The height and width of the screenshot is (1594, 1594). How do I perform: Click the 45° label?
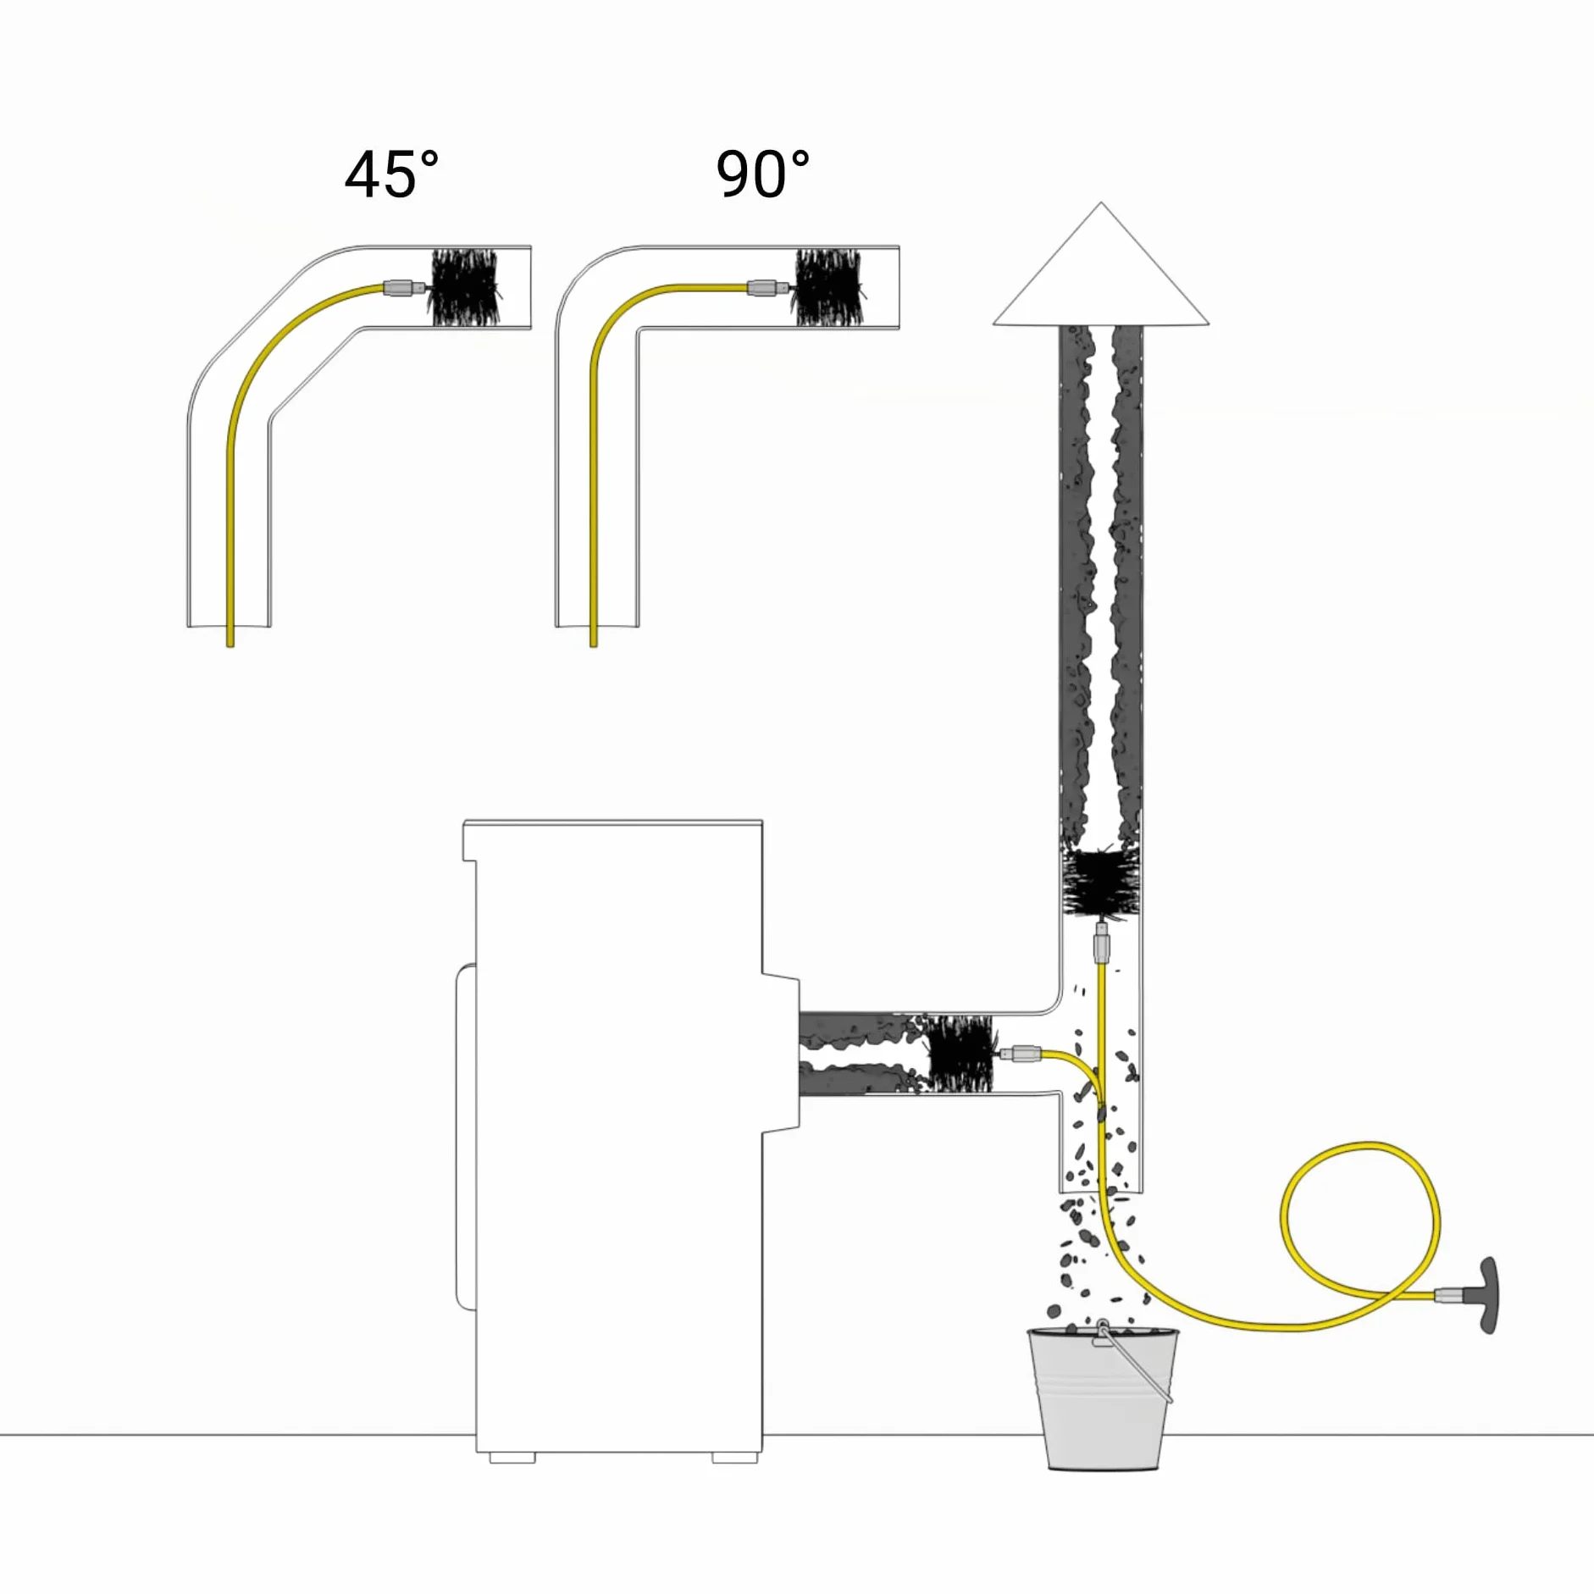(x=392, y=174)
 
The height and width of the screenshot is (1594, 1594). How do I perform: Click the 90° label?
(x=763, y=174)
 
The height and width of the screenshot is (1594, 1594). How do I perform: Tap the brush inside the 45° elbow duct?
(x=464, y=287)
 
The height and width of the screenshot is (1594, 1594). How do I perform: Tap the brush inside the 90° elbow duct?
(x=829, y=288)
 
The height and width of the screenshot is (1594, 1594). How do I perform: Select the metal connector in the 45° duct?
(x=405, y=288)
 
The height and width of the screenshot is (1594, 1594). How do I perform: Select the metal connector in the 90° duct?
(x=768, y=289)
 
